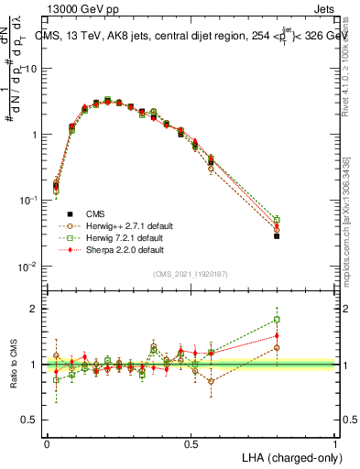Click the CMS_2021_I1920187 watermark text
[191, 274]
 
